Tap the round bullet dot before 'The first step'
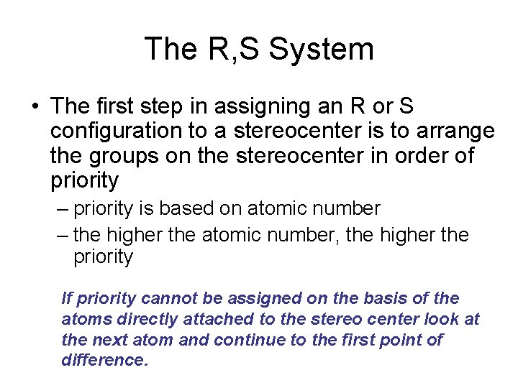coord(35,107)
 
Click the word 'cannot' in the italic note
coord(167,298)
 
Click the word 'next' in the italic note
coord(108,340)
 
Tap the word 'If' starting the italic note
coord(67,298)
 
